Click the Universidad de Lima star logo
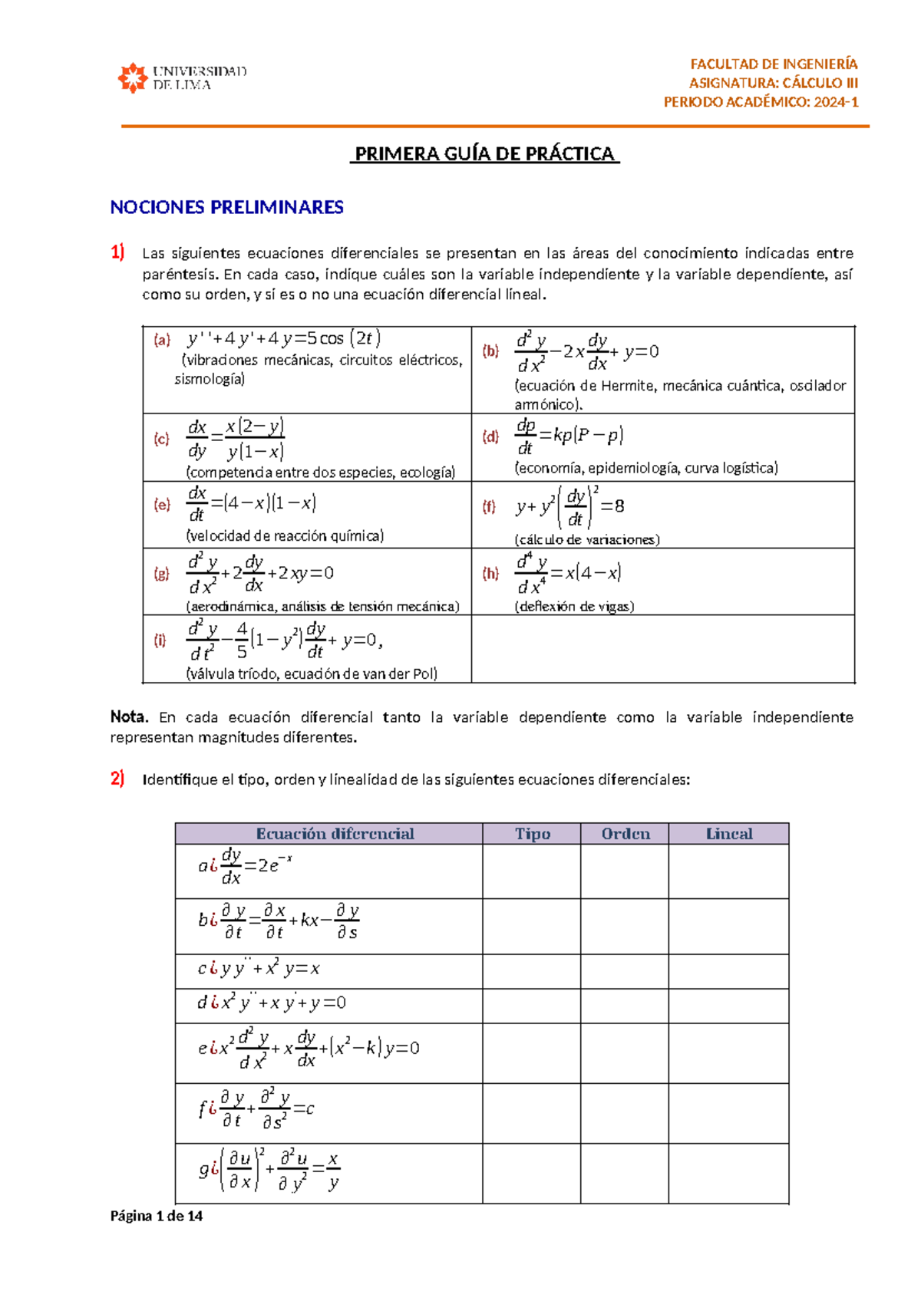tap(132, 77)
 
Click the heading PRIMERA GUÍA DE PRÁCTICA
tap(484, 153)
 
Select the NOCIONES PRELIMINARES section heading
tap(226, 207)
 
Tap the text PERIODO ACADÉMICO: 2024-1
tap(761, 102)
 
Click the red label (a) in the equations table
tap(161, 340)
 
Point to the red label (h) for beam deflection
tap(490, 573)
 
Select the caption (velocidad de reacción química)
tap(285, 535)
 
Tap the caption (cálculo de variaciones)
tap(587, 539)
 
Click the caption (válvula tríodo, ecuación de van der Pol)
tap(312, 674)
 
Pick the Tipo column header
tap(532, 834)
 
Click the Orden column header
tap(625, 834)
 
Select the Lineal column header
tap(728, 834)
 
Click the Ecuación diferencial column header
tap(335, 834)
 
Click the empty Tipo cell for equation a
tap(531, 871)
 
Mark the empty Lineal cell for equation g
tap(728, 1173)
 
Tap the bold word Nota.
tap(128, 716)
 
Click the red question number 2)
tap(117, 779)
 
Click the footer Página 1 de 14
tap(157, 1216)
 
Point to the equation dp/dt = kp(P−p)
tap(569, 436)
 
